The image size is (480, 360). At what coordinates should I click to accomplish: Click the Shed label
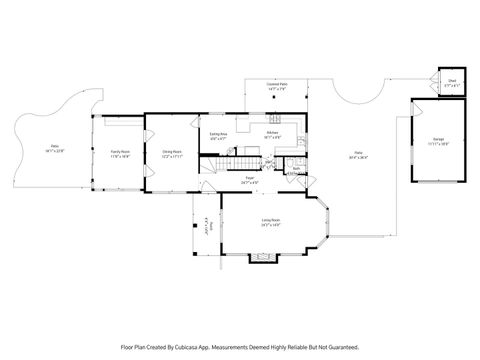coord(451,83)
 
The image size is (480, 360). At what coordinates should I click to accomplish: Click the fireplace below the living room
coord(261,257)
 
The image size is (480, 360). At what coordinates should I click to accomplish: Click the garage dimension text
coord(438,144)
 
